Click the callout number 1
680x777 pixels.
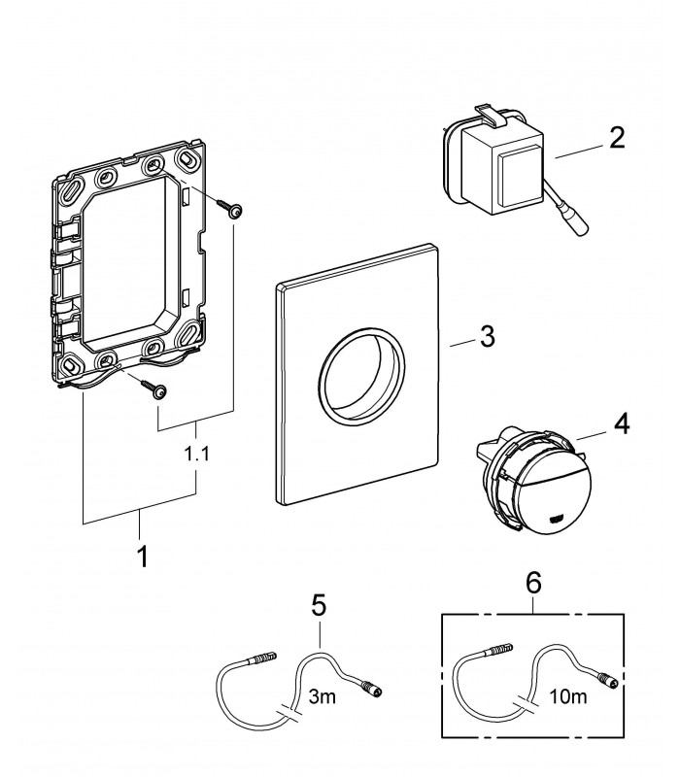pos(142,557)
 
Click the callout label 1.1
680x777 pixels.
pos(197,454)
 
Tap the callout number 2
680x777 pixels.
pos(617,138)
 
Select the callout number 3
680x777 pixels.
pos(488,336)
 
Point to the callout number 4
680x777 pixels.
pos(622,424)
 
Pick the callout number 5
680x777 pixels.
pos(320,605)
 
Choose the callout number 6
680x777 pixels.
pos(533,583)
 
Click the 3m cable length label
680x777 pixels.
pos(323,696)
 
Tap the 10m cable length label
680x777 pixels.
pos(568,696)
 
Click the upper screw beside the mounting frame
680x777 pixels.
pos(228,208)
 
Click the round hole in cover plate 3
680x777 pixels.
pos(361,376)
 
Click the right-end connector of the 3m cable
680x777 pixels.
pos(371,689)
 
